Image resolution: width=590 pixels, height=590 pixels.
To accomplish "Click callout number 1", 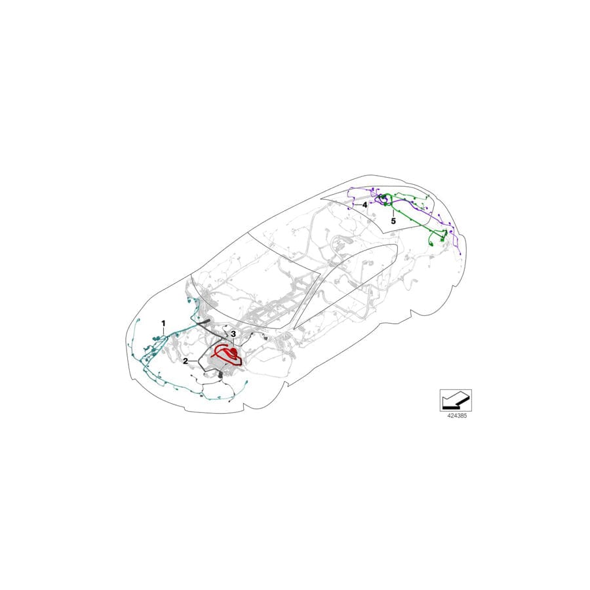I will tap(164, 323).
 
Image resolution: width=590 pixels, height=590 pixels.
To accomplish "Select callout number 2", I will tap(186, 361).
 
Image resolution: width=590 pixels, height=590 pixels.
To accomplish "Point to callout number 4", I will tap(364, 205).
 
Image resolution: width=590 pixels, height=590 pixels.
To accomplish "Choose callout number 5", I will tap(393, 222).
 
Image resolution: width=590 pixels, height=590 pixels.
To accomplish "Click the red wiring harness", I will tap(226, 356).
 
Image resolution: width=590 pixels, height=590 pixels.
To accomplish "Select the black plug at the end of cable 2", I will tap(220, 374).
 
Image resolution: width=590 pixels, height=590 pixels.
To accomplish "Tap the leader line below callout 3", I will tap(232, 342).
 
